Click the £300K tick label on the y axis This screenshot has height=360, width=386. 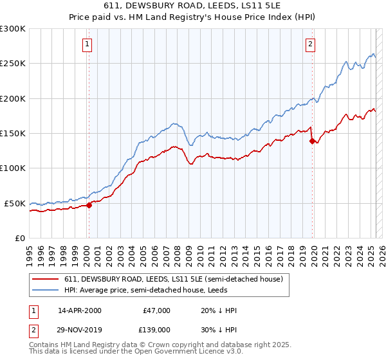[13, 29]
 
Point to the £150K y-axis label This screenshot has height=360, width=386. [13, 133]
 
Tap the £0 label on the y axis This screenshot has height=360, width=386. [19, 238]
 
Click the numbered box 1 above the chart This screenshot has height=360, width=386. [87, 44]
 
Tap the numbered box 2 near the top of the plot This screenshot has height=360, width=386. [310, 44]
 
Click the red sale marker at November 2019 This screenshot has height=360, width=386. [312, 141]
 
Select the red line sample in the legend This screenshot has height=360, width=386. [46, 280]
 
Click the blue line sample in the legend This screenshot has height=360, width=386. [46, 291]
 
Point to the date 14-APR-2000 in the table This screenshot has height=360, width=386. [80, 310]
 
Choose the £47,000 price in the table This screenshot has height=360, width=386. [156, 310]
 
